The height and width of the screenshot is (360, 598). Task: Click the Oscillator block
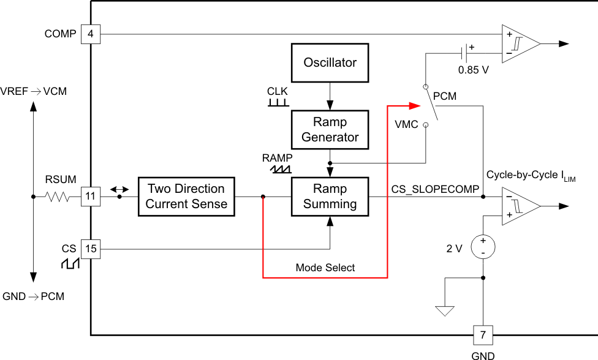tap(330, 62)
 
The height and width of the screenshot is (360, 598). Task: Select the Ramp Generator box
tap(330, 129)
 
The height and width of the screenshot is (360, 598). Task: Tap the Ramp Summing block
tap(330, 197)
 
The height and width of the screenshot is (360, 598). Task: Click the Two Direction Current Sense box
tap(186, 197)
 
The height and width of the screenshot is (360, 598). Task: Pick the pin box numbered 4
tap(91, 34)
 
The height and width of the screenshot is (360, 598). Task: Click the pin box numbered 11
tap(91, 197)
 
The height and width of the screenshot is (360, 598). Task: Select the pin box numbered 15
tap(91, 249)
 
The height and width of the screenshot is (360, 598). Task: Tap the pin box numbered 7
tap(483, 335)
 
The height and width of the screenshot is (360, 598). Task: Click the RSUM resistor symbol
tap(60, 197)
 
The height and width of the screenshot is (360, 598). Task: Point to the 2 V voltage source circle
tap(483, 247)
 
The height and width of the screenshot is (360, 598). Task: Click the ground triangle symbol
tap(445, 310)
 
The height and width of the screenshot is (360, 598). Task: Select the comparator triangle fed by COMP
tap(520, 43)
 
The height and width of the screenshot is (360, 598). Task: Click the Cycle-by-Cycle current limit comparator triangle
tap(520, 206)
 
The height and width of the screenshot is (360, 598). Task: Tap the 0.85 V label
tap(474, 70)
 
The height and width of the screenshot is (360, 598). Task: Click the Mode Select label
tap(325, 268)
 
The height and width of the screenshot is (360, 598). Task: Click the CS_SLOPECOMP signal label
tap(435, 190)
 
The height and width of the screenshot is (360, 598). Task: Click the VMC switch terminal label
tap(407, 124)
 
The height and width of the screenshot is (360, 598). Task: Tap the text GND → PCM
tap(34, 296)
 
